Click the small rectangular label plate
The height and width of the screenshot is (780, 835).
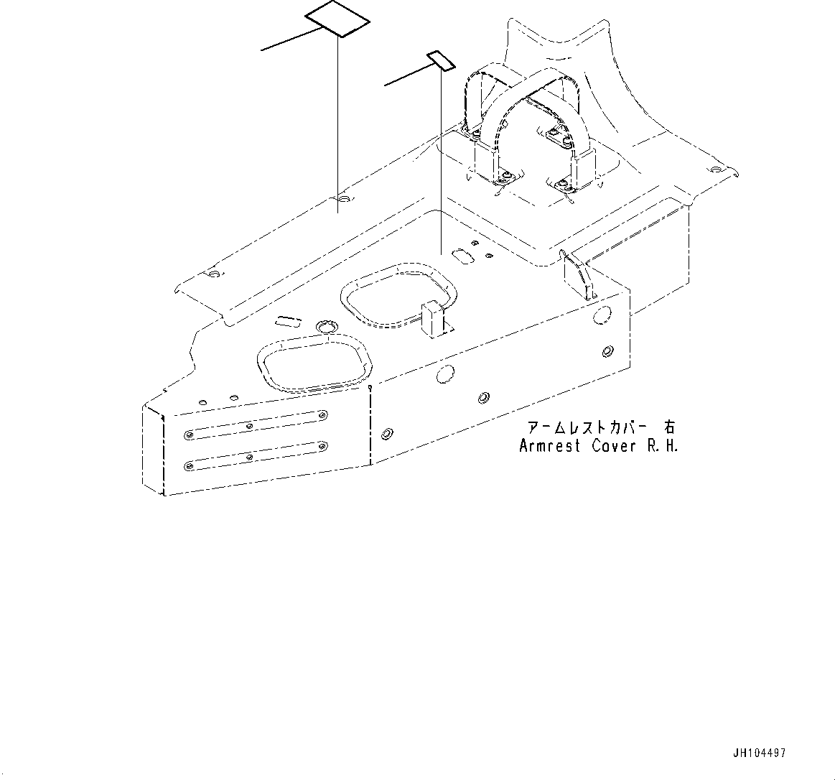[441, 61]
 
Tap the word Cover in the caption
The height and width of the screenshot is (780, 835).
[614, 445]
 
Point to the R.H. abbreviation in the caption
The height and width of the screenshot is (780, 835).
[661, 445]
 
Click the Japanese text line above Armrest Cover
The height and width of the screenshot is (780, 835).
[600, 427]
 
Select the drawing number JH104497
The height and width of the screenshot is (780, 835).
[759, 753]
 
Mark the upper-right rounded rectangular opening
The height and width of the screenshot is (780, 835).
[398, 294]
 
